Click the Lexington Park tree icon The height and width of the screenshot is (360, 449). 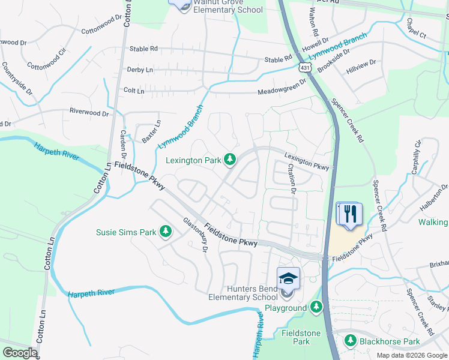click(229, 159)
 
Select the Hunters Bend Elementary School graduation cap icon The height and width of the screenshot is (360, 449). click(288, 278)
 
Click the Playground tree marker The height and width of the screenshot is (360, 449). click(316, 308)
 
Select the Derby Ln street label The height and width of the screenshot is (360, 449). click(140, 70)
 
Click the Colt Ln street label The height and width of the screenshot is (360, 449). click(133, 91)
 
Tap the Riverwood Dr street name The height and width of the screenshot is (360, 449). click(89, 112)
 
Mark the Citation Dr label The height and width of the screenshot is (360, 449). click(292, 179)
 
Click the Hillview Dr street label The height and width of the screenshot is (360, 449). click(361, 66)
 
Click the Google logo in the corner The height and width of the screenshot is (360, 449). click(20, 352)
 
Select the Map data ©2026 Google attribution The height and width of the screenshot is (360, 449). click(411, 355)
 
